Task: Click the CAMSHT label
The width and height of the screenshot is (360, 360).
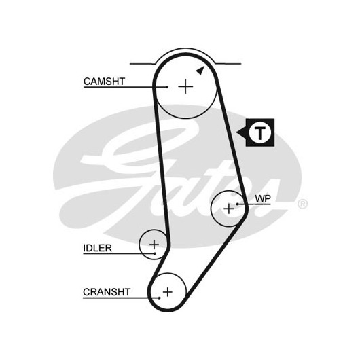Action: [x=104, y=82]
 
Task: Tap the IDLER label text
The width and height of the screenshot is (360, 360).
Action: [x=97, y=248]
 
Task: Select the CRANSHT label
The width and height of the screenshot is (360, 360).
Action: [x=107, y=292]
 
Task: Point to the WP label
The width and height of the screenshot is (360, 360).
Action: [x=263, y=198]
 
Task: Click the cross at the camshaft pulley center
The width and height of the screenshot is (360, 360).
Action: [x=185, y=87]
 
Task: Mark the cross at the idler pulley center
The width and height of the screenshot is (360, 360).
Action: [x=154, y=245]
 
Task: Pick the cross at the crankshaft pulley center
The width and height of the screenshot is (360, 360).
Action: [x=168, y=292]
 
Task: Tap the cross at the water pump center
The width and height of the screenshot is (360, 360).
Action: [x=229, y=209]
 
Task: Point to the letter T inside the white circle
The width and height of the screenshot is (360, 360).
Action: [x=260, y=132]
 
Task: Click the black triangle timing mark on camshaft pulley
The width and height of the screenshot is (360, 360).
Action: [x=200, y=71]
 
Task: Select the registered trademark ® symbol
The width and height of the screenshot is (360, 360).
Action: [x=302, y=204]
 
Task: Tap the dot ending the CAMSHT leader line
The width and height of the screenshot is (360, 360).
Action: [x=167, y=87]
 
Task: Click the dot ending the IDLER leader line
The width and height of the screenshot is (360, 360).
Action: [x=155, y=253]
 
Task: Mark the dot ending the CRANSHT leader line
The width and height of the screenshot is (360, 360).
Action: [x=159, y=298]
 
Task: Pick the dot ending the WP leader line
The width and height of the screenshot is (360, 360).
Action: [x=238, y=204]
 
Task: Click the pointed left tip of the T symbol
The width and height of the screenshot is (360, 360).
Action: [x=236, y=132]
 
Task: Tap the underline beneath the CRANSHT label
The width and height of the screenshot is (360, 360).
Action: [x=121, y=298]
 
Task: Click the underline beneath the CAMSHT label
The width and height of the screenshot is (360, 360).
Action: [x=126, y=87]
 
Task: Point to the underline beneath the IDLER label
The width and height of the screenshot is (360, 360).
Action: [x=119, y=254]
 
